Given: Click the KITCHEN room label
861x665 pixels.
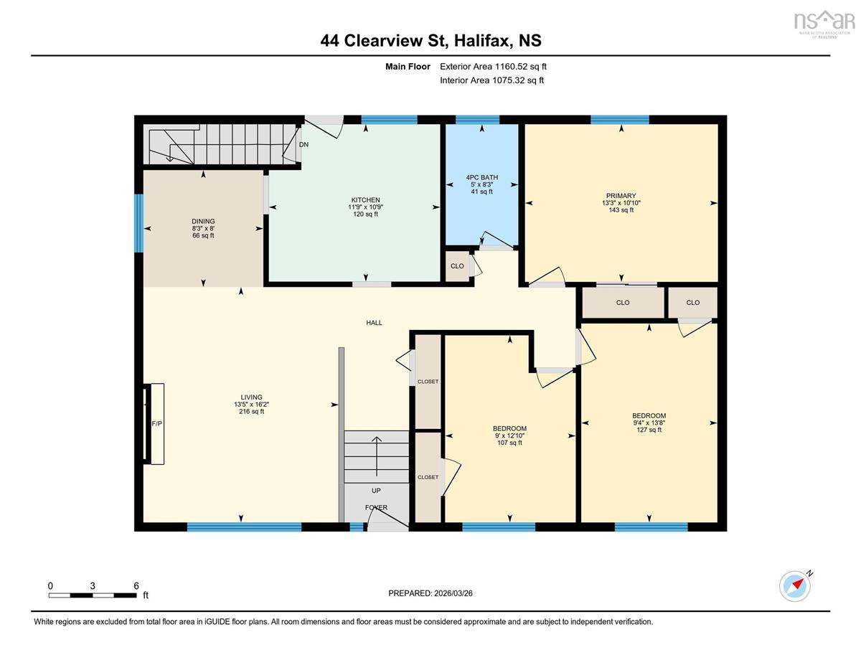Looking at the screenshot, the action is click(365, 200).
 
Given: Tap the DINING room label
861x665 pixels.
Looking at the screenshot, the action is click(203, 222).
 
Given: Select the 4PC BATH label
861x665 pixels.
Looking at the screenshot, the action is click(482, 177).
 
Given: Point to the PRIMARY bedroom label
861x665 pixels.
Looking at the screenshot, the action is click(621, 196).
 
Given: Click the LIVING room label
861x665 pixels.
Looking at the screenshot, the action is click(251, 397).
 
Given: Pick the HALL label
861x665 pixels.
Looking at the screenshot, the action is click(374, 323).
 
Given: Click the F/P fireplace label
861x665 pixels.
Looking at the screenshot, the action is click(157, 424).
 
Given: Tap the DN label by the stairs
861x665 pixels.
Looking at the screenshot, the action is click(304, 145).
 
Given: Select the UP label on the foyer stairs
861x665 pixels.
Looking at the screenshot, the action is click(376, 491).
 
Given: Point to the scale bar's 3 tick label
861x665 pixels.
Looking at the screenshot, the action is click(93, 586).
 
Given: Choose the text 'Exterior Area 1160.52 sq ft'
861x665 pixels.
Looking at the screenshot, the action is click(493, 67).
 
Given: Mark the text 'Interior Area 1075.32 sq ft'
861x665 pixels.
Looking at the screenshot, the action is click(491, 80).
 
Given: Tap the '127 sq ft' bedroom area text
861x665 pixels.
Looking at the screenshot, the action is click(649, 430).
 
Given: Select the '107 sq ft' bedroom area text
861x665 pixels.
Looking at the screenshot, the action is click(509, 443).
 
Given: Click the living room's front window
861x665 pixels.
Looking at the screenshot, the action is click(244, 527).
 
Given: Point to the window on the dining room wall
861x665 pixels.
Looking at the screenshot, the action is click(138, 223).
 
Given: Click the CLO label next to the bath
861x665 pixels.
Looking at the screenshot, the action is click(457, 266).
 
